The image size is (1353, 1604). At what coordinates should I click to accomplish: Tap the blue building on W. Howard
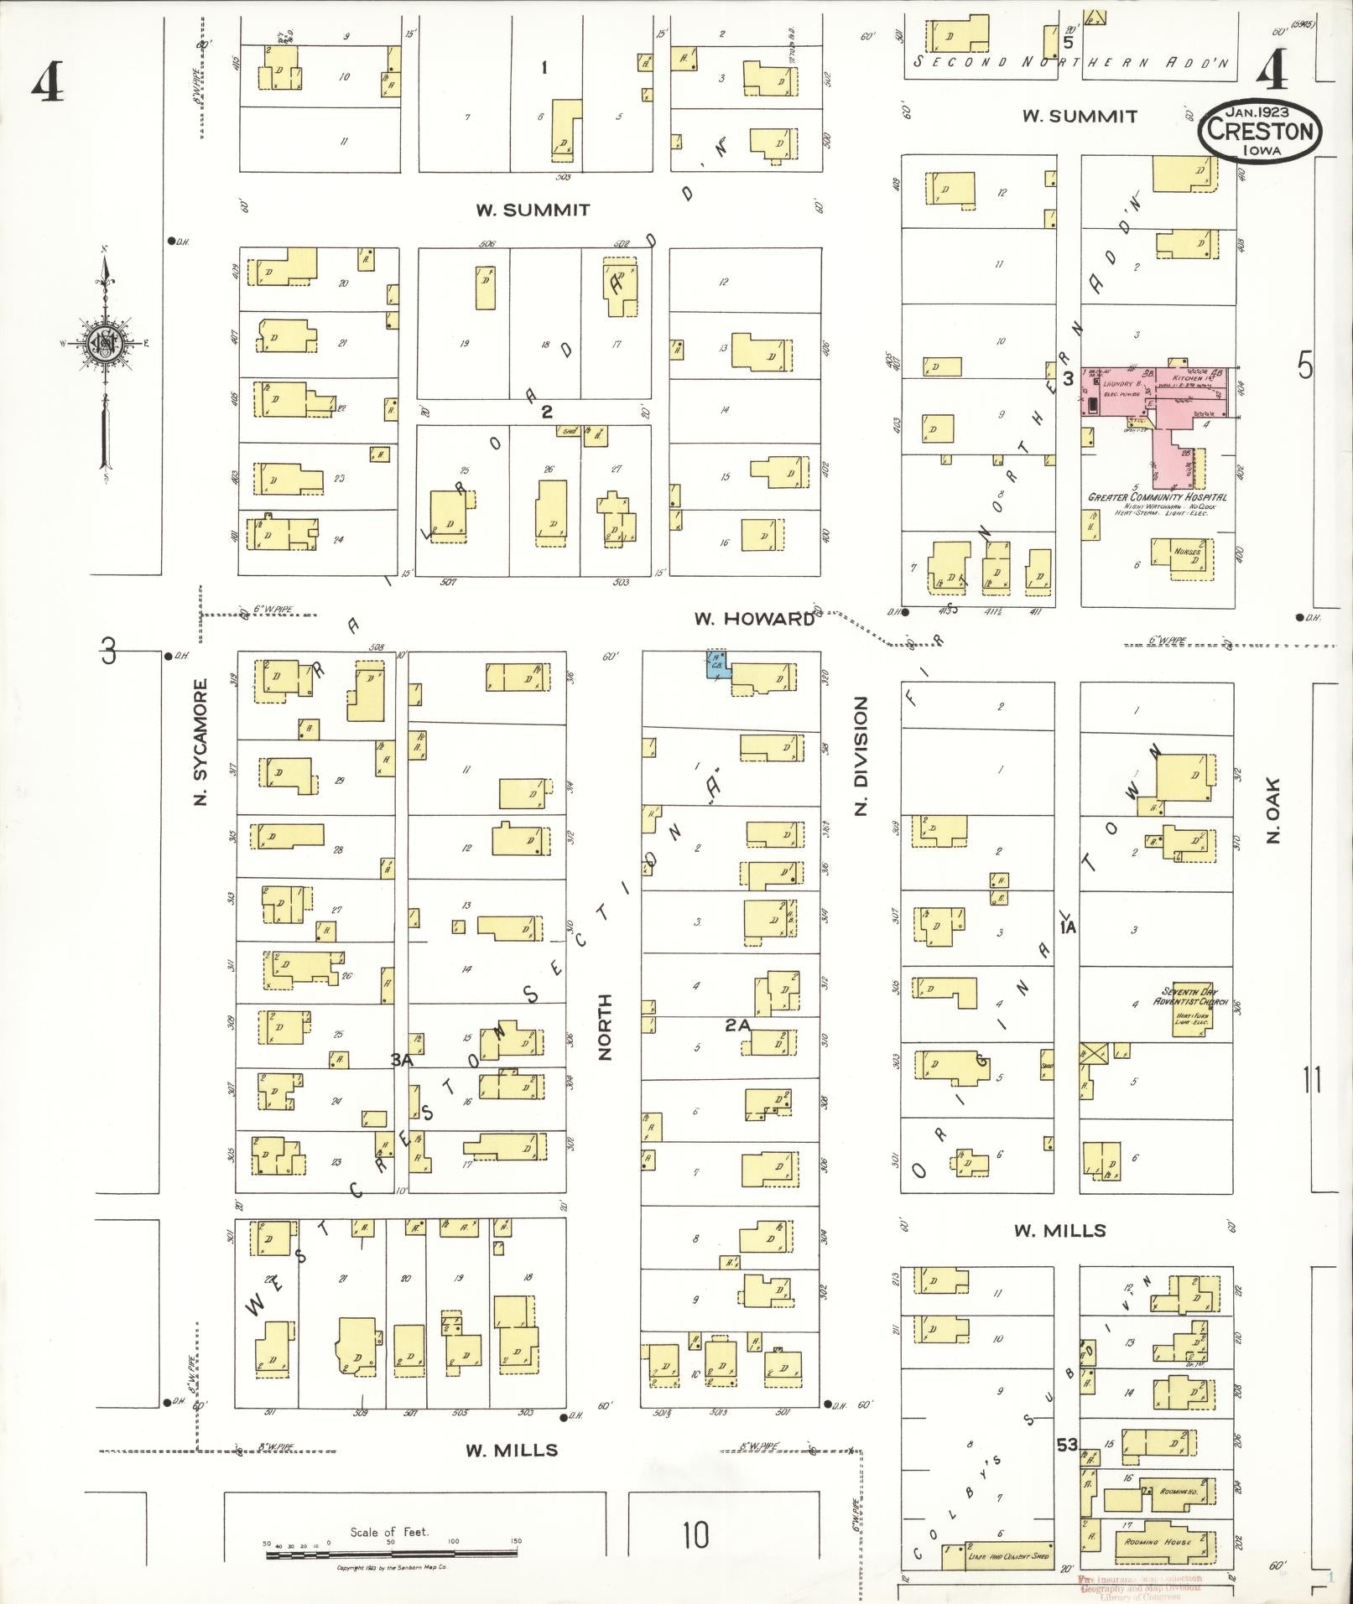716,664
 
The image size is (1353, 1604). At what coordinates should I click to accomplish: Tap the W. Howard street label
753,619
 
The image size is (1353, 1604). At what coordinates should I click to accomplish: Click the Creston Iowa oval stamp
1259,129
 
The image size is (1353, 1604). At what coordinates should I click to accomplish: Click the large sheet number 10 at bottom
695,1534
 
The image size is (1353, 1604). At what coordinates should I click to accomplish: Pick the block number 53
1067,1445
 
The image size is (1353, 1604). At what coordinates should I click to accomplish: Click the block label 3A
402,1060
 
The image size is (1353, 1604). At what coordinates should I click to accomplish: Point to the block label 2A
737,1024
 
